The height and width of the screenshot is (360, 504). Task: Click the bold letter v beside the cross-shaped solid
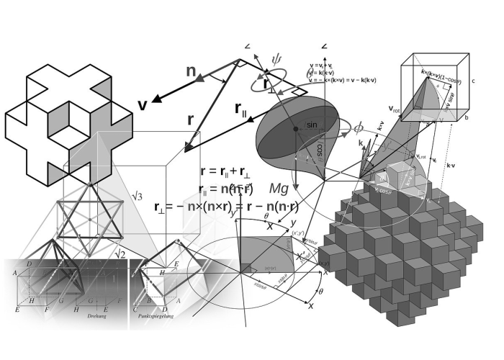click(142, 105)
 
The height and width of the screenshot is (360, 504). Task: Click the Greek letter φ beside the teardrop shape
click(357, 128)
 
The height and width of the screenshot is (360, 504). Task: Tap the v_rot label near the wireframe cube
click(395, 109)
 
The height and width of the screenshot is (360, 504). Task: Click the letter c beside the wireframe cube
click(473, 81)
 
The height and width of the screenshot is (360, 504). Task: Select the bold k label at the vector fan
click(361, 143)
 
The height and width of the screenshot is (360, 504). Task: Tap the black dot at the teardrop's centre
click(295, 129)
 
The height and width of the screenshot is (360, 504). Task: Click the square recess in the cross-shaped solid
click(70, 128)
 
